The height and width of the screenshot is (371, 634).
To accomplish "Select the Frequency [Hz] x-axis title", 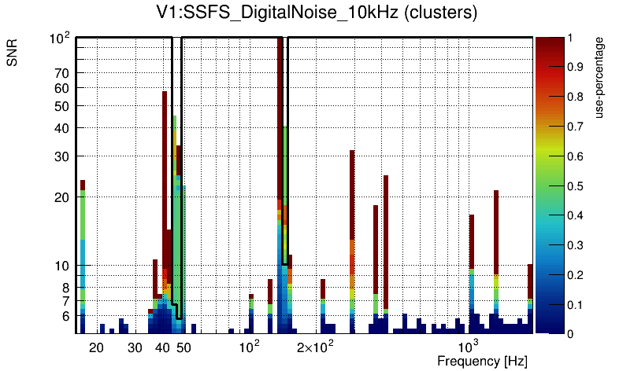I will point(482,361).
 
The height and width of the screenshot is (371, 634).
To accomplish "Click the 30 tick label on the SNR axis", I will point(61,156).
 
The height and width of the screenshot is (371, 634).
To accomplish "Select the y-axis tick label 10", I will point(61,266).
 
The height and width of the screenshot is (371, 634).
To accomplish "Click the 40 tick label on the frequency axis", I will point(161,347).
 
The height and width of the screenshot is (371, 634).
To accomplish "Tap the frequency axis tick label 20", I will point(96,347).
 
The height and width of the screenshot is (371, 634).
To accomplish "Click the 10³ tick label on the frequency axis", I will point(469,347).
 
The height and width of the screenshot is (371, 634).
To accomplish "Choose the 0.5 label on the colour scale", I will point(576,186).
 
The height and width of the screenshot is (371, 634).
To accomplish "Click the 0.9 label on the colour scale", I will point(576,67).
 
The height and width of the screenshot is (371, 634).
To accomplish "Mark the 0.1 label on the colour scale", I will point(576,304).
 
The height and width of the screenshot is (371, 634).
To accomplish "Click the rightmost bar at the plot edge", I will point(530,299).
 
